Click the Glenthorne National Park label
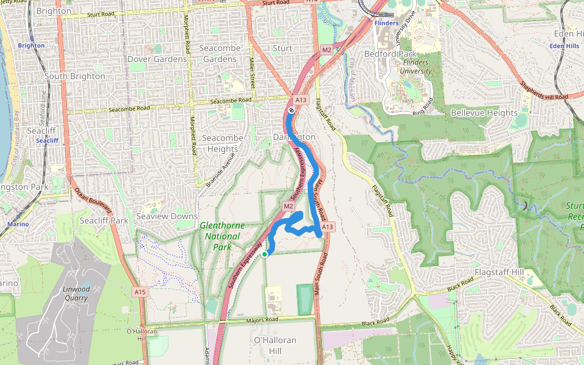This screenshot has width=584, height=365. pyautogui.click(x=222, y=236)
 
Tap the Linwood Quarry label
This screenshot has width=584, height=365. pyautogui.click(x=76, y=293)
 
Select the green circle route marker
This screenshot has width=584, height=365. pyautogui.click(x=265, y=254)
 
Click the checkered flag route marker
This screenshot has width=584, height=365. pyautogui.click(x=292, y=110)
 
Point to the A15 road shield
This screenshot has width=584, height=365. pyautogui.click(x=140, y=292)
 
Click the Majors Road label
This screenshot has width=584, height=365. pyautogui.click(x=263, y=320)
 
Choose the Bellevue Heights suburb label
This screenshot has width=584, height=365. pyautogui.click(x=484, y=113)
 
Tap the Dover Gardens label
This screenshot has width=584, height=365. pyautogui.click(x=157, y=59)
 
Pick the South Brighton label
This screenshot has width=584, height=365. pyautogui.click(x=75, y=76)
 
